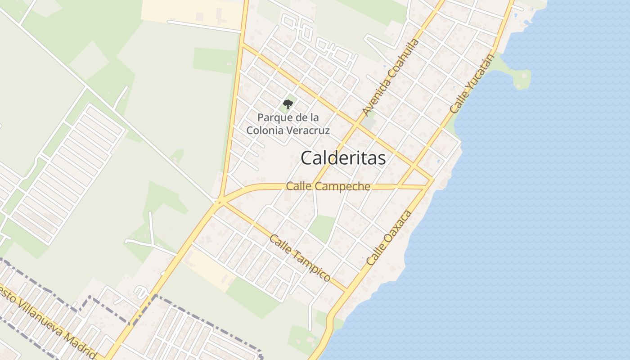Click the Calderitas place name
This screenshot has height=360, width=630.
[343, 158]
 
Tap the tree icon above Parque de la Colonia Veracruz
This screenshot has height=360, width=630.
[288, 104]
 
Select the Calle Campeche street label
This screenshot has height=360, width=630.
[328, 186]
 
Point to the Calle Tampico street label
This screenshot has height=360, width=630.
[300, 258]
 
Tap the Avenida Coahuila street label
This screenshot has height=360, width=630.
[391, 77]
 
